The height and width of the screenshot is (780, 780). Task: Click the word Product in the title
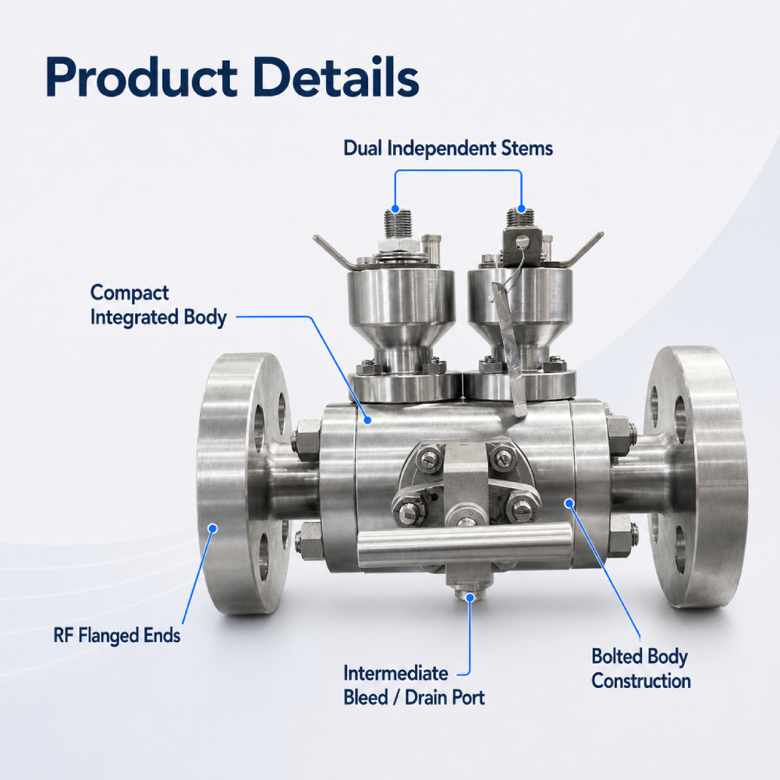141,77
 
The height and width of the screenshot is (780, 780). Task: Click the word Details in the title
336,76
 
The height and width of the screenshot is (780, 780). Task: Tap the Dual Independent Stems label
448,148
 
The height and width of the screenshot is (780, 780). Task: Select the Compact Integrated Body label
158,305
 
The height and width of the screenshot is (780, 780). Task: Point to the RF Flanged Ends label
117,635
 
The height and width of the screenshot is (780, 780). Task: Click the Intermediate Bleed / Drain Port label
414,686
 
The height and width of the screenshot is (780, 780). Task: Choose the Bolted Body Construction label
640,668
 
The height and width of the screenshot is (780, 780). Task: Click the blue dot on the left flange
213,528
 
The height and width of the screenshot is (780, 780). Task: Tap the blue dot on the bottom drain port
470,597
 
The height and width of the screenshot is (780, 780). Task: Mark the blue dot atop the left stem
395,208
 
